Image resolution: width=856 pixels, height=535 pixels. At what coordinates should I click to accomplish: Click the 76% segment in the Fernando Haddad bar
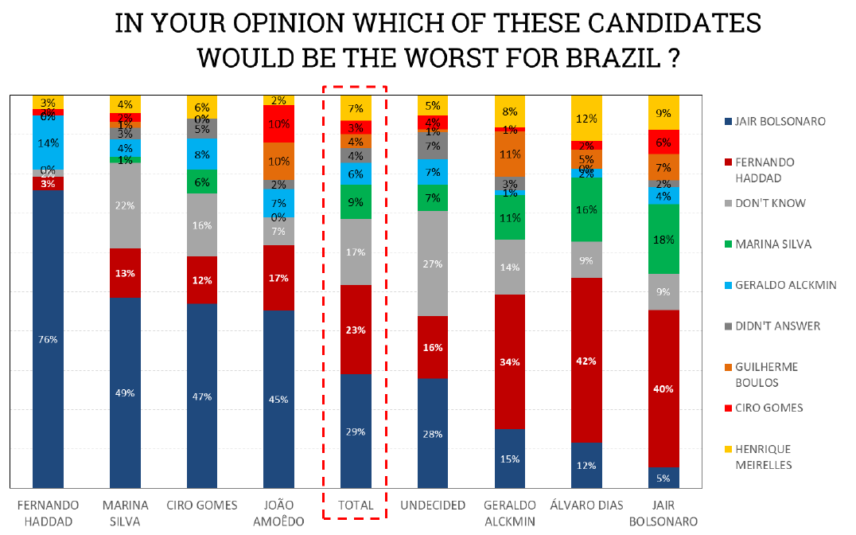[48, 339]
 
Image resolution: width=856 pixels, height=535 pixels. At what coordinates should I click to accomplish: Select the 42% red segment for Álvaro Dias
[586, 360]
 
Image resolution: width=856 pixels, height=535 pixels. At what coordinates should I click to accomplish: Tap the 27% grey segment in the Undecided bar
[433, 264]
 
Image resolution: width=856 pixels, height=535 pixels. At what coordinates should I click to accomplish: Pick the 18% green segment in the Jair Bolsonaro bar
[663, 239]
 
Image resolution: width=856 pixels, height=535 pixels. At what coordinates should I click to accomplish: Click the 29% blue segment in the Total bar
[356, 431]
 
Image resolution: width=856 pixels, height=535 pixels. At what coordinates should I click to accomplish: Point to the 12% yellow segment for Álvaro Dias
[586, 118]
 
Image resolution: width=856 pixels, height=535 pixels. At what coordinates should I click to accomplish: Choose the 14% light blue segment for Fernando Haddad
[48, 143]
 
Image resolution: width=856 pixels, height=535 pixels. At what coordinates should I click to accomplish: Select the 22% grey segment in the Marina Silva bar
[125, 205]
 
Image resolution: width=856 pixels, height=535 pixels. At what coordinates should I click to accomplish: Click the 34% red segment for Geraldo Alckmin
[510, 362]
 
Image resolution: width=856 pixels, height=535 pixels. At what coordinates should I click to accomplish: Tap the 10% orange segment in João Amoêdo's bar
[278, 161]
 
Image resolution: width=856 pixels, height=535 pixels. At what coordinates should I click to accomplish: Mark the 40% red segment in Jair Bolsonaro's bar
[663, 389]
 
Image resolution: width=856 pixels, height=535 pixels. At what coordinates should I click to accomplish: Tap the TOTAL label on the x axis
[356, 506]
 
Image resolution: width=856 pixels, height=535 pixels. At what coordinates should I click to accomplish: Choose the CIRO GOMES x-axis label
[202, 506]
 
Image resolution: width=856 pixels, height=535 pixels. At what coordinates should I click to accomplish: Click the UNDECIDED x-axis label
[433, 506]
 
